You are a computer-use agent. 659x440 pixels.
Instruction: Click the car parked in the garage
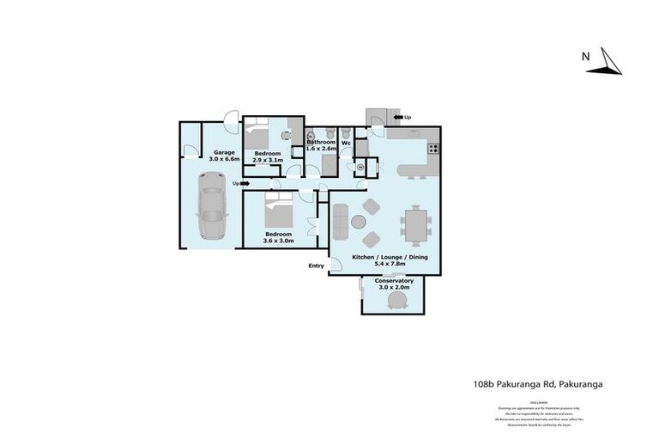[x=212, y=207]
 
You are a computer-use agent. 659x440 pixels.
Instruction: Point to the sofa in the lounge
[x=340, y=221]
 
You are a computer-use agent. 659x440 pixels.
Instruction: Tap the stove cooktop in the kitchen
[x=433, y=148]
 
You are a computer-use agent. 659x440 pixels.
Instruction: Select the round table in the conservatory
[x=397, y=299]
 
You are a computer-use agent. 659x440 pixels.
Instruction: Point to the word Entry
[x=317, y=266]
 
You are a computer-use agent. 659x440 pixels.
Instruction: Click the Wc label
[x=346, y=143]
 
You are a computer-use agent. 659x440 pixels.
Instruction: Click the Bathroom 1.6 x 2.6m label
[x=321, y=145]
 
